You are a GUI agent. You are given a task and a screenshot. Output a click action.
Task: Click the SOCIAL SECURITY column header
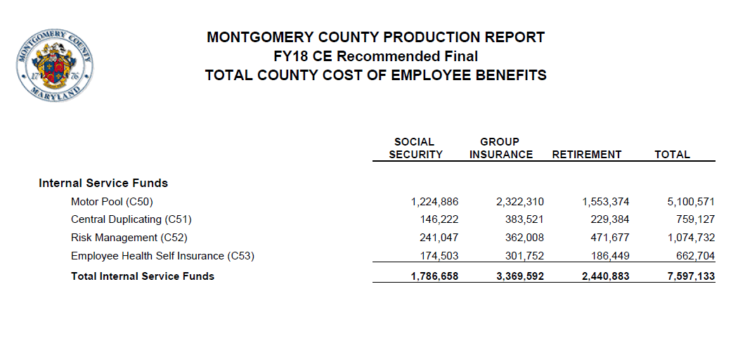pos(415,148)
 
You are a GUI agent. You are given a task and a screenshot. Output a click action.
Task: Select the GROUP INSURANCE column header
pos(501,148)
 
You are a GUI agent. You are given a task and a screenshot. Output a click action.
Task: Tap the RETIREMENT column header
pos(587,155)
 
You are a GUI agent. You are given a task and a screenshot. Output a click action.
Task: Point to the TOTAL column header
pos(672,155)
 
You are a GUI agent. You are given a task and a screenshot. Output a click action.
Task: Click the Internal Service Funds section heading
pos(103,183)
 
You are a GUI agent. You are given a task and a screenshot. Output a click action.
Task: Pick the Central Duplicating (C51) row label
pos(131,219)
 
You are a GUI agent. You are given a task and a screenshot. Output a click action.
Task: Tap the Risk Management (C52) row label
pos(129,238)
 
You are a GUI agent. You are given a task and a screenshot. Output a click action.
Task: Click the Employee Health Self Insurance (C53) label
pos(162,256)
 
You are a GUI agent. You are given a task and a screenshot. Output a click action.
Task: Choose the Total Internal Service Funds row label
pos(143,276)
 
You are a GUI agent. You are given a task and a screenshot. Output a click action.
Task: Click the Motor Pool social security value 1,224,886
pos(434,202)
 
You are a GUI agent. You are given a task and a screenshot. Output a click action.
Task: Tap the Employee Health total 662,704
pos(695,256)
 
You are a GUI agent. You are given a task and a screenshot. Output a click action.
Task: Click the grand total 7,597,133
pos(691,276)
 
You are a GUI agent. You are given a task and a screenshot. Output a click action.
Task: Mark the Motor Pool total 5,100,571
pos(691,202)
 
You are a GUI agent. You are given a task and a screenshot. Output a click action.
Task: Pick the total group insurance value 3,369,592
pos(520,276)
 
